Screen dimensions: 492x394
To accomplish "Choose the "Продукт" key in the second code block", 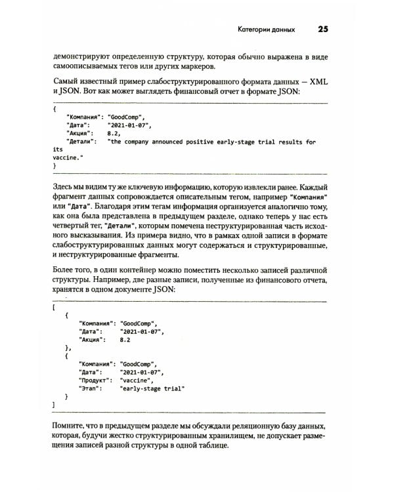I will coord(96,379).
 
